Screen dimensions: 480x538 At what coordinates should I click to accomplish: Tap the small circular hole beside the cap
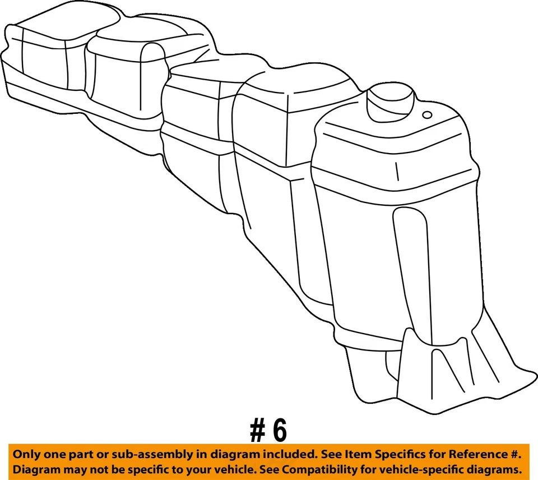[x=427, y=115]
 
